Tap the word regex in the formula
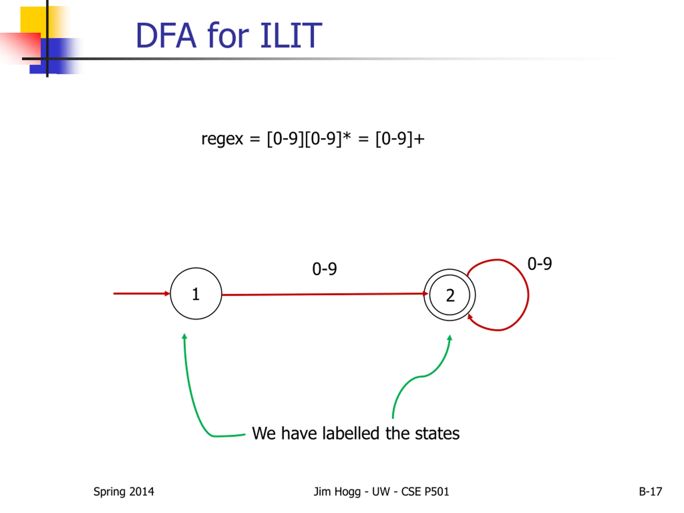[222, 139]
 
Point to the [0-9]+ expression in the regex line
[399, 139]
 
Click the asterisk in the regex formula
[347, 136]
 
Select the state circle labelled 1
[196, 293]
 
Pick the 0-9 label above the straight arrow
[324, 269]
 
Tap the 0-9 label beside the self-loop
[540, 264]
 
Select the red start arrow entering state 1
[141, 293]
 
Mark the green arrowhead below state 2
[450, 338]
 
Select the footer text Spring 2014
[124, 491]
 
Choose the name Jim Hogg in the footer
[337, 491]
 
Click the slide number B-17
[650, 491]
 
